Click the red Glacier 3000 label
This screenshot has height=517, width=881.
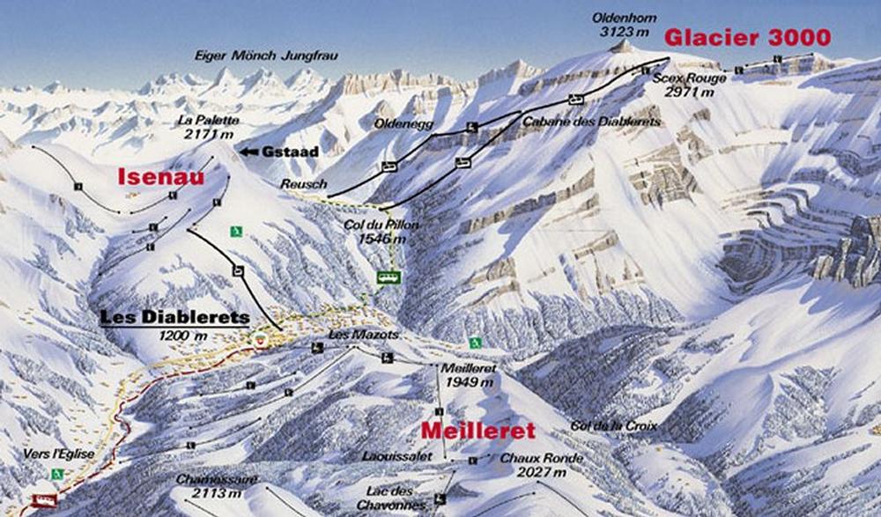[747, 38]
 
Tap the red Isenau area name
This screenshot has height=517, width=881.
[161, 178]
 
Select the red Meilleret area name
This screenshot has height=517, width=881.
[478, 431]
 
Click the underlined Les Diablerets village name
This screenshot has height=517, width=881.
[174, 318]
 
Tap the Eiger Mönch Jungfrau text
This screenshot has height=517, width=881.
[266, 55]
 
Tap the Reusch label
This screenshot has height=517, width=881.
[304, 184]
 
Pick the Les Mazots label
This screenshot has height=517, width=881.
[352, 335]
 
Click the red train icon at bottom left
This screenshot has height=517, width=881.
[43, 500]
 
